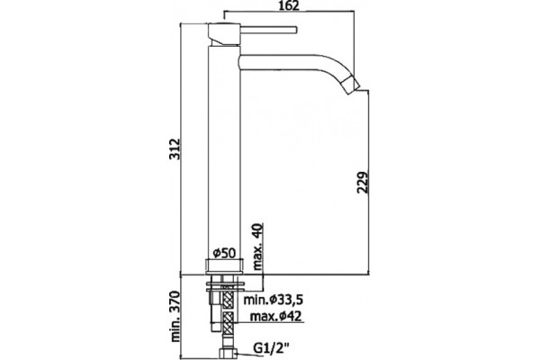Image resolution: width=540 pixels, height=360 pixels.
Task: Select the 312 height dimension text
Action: (x=175, y=148)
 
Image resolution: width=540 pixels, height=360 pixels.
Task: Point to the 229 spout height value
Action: (x=363, y=182)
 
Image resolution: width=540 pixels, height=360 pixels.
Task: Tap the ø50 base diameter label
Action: (x=224, y=253)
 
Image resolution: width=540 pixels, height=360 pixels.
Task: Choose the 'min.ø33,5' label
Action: (x=273, y=300)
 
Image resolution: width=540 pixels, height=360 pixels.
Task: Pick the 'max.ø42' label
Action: (x=275, y=316)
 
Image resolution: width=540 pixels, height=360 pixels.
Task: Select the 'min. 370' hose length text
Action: (x=175, y=316)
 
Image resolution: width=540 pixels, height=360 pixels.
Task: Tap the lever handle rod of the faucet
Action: (x=267, y=30)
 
